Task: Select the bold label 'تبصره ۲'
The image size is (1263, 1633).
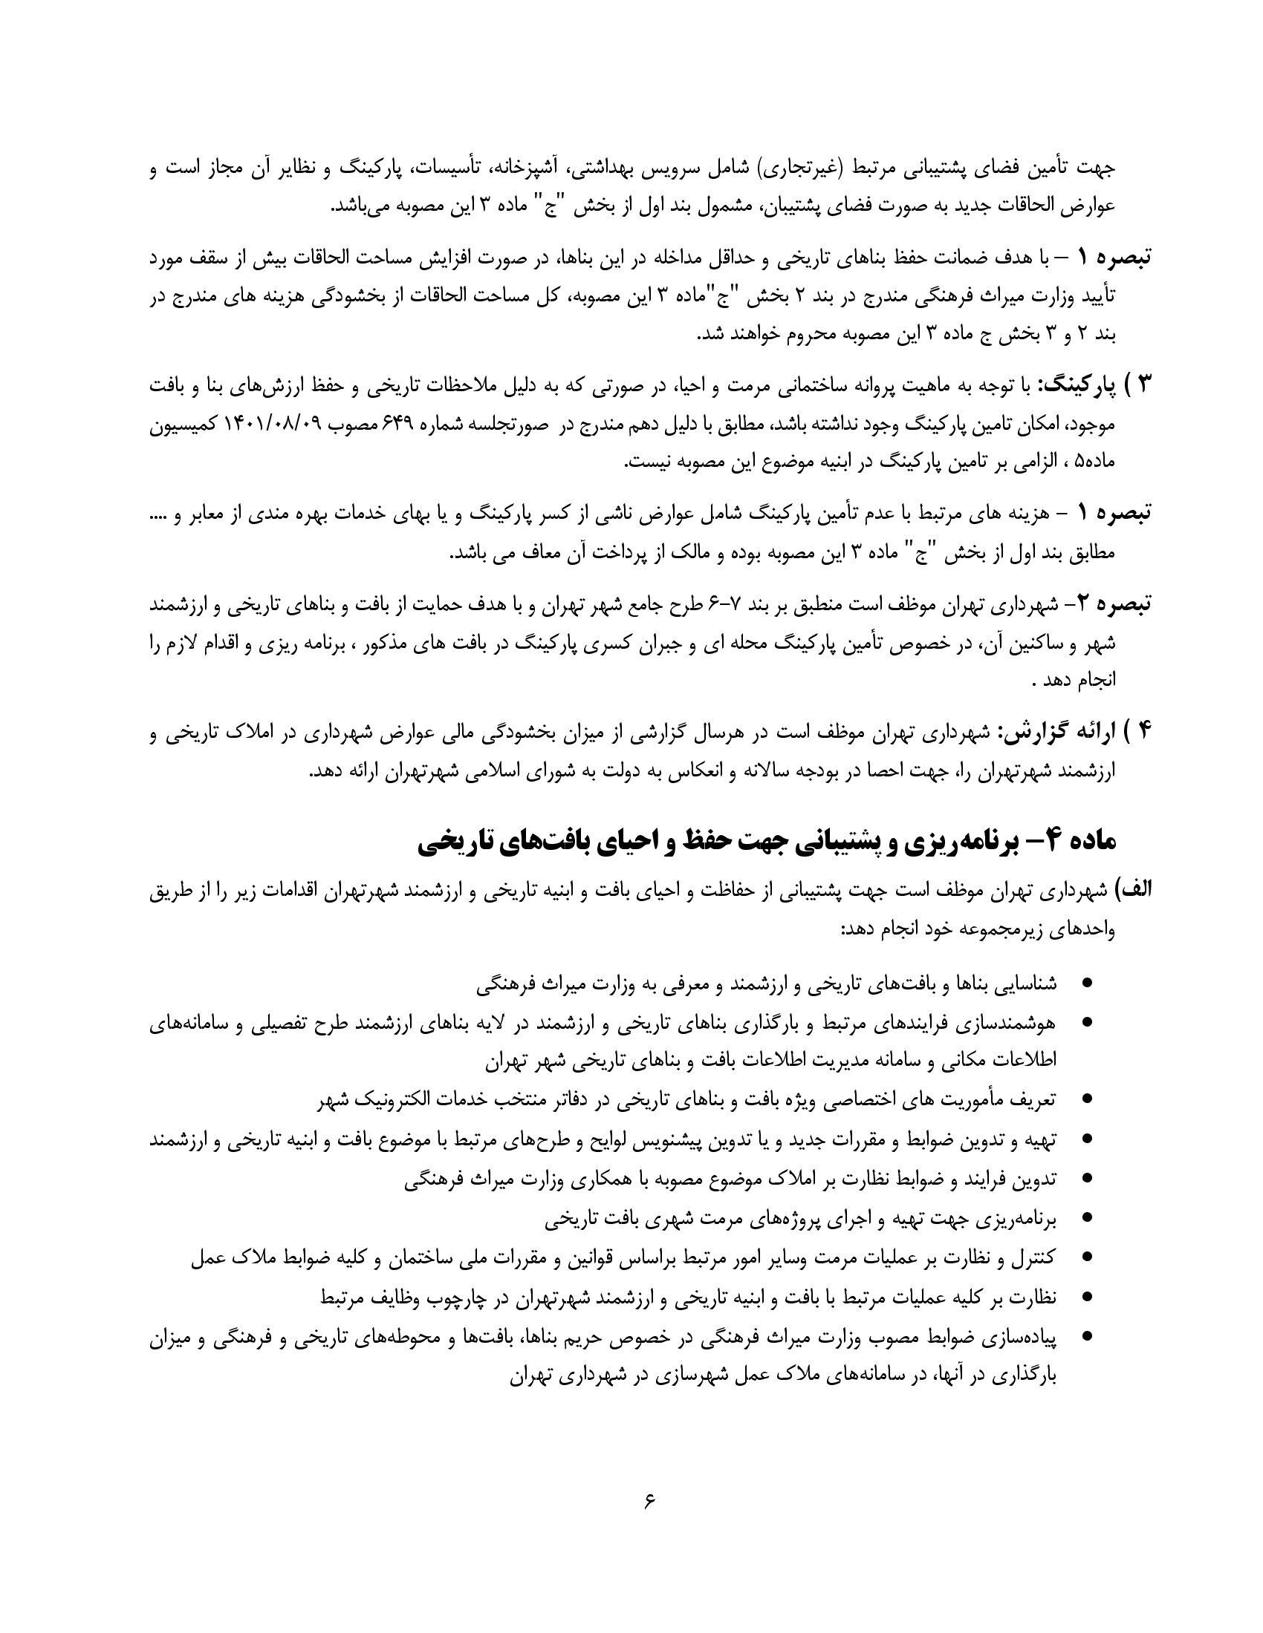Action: click(1114, 603)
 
